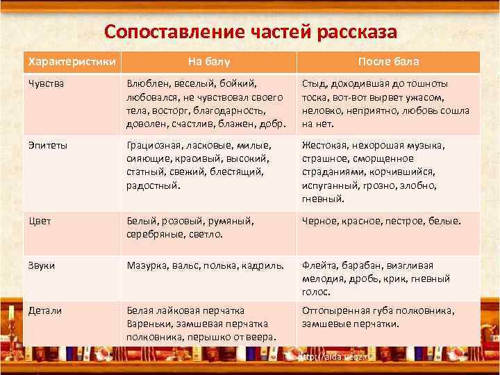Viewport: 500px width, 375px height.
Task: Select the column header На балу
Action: [x=208, y=62]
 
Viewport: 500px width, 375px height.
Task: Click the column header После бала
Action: [x=388, y=62]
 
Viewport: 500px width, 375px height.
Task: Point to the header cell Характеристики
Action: [x=69, y=62]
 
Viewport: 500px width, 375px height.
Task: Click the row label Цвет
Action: [x=39, y=221]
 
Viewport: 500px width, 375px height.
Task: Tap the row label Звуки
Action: [x=41, y=265]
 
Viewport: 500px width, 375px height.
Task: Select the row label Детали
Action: [x=44, y=310]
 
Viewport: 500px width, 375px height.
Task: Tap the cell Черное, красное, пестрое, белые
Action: [x=381, y=221]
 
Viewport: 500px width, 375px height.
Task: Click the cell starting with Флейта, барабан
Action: [x=376, y=278]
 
